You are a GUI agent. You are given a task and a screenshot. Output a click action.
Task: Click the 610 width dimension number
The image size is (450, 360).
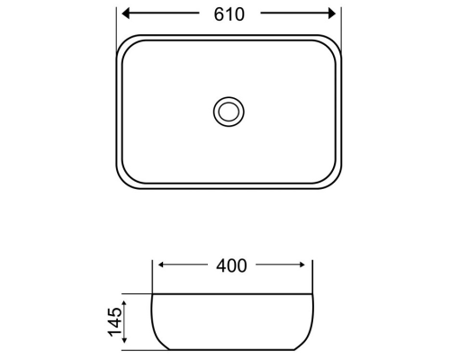tap(229, 14)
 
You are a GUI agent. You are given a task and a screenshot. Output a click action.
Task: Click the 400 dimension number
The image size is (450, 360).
tap(231, 265)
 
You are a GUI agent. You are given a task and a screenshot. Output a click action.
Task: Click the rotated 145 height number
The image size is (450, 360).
tap(115, 321)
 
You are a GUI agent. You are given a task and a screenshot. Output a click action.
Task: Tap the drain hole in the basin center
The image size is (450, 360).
tap(229, 112)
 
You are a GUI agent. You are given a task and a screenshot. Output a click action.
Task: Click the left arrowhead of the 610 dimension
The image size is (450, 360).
tap(125, 13)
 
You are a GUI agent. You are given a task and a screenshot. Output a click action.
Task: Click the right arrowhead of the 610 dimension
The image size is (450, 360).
tap(332, 13)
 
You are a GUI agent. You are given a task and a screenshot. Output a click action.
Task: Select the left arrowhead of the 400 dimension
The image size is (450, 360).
tap(161, 265)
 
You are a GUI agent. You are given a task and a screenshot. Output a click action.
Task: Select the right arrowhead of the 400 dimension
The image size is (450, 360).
tap(301, 265)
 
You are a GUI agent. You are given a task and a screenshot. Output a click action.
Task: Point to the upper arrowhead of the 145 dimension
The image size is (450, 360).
tap(124, 303)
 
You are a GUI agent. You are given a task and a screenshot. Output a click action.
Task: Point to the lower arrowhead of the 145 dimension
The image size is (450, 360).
tap(124, 340)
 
